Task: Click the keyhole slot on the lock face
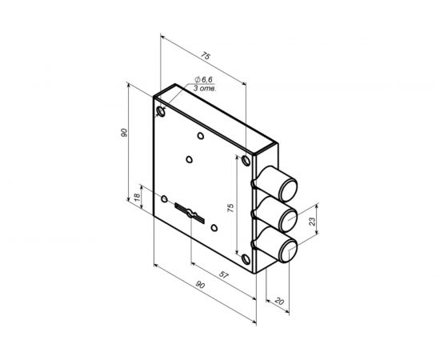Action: click(x=190, y=212)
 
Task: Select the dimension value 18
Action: click(x=137, y=196)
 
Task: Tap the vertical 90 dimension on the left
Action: click(x=125, y=134)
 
